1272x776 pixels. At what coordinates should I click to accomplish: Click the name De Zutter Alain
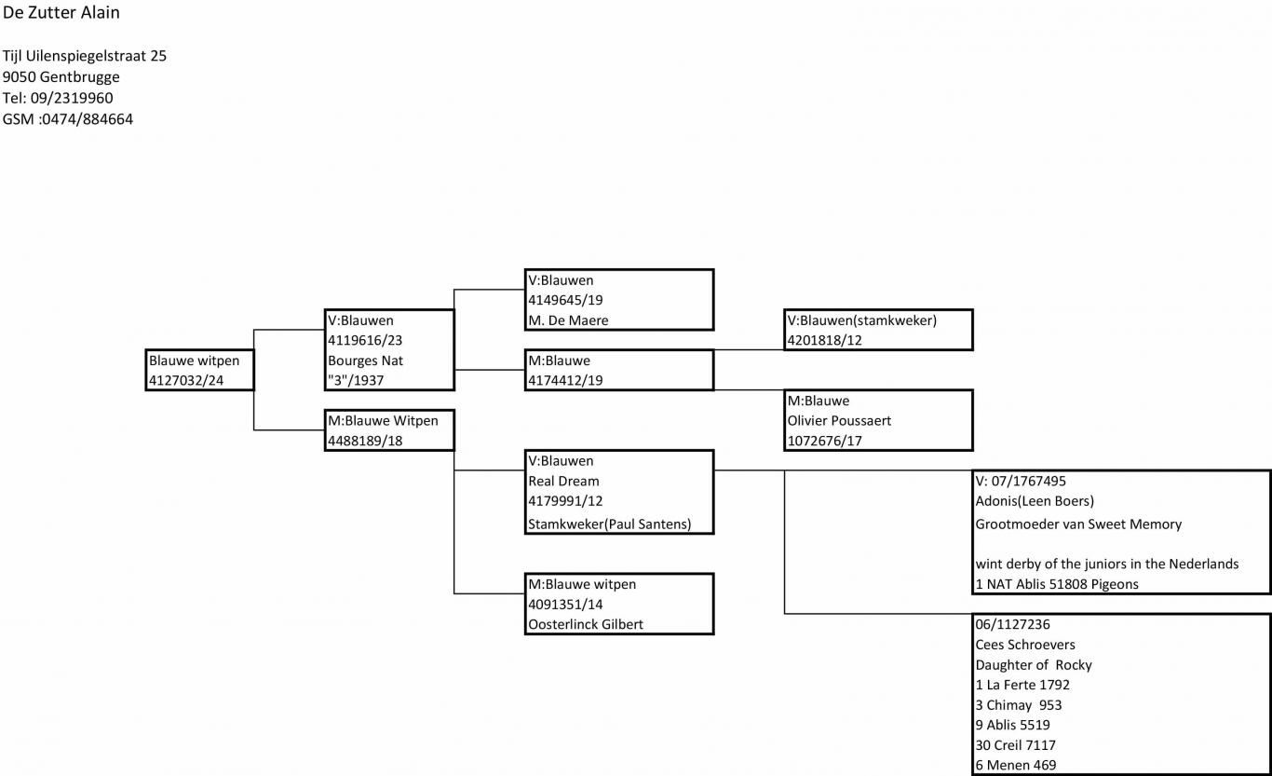(x=61, y=12)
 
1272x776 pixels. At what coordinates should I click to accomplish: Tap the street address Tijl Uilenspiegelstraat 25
(x=85, y=56)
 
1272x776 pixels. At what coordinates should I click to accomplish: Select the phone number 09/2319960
(x=72, y=98)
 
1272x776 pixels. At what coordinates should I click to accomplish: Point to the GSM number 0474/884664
(x=88, y=119)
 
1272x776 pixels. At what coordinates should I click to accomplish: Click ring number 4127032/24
(x=186, y=381)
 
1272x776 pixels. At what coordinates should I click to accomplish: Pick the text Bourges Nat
(x=365, y=361)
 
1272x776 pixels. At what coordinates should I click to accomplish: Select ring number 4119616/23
(x=365, y=340)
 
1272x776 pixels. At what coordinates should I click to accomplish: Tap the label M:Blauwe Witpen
(x=384, y=421)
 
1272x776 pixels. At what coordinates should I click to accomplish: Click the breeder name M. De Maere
(x=568, y=320)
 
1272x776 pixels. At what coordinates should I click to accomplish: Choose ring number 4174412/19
(x=565, y=381)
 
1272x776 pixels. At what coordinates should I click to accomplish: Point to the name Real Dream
(x=563, y=482)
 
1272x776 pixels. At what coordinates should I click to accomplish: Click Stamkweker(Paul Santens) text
(x=609, y=524)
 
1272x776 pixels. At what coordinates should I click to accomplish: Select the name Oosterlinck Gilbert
(x=586, y=624)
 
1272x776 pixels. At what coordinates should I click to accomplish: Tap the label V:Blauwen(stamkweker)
(x=862, y=320)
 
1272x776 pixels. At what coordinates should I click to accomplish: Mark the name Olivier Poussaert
(x=839, y=421)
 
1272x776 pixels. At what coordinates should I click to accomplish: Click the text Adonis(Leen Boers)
(x=1035, y=501)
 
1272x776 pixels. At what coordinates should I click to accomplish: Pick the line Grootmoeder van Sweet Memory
(x=1078, y=524)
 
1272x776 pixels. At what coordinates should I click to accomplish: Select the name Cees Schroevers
(x=1025, y=645)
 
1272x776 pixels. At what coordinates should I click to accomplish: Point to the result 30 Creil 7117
(x=1015, y=744)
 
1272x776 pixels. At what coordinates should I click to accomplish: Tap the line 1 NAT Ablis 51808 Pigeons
(x=1057, y=584)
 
